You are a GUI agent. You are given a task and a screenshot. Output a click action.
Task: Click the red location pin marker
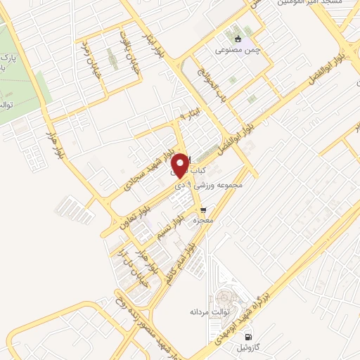point(179,164)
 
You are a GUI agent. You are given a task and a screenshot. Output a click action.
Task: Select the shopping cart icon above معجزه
point(203,210)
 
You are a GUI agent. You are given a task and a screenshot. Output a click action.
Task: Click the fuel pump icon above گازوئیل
point(246,336)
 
